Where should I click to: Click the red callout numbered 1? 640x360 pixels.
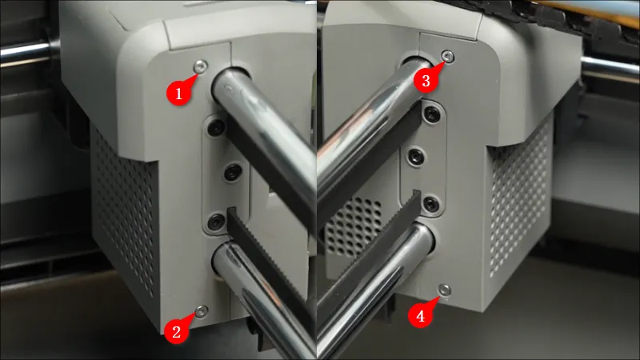[178, 93]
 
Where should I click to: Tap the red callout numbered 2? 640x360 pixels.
[176, 331]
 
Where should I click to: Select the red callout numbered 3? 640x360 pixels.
[426, 80]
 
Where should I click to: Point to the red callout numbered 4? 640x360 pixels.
[421, 315]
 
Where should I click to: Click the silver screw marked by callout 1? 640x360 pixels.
[201, 66]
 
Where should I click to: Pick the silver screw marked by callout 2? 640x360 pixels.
[202, 311]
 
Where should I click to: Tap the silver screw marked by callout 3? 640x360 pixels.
[448, 56]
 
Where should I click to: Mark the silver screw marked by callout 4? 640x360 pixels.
[445, 290]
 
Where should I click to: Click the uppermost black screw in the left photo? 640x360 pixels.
[216, 126]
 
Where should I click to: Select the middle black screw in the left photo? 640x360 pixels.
[233, 173]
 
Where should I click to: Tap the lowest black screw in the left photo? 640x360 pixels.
[216, 222]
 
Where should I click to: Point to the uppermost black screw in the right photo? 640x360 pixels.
[431, 113]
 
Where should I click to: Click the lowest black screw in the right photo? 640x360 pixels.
[430, 203]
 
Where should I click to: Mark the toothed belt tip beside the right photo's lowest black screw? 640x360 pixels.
[417, 193]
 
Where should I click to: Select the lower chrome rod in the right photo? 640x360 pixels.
[374, 286]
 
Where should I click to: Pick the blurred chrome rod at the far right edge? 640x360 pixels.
[610, 66]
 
